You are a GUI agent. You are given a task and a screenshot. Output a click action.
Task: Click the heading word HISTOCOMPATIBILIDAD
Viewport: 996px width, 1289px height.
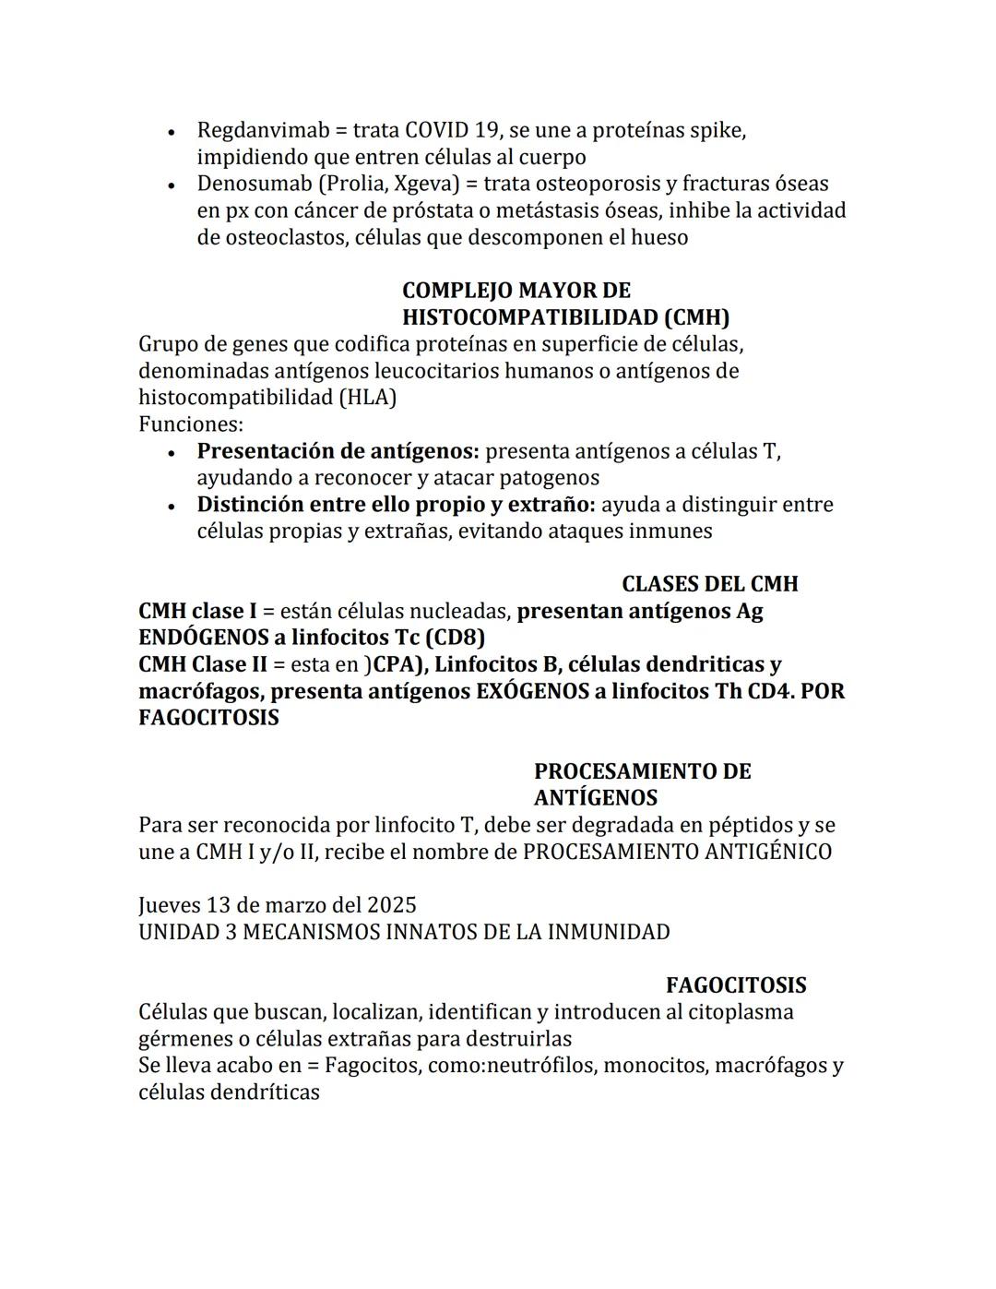pyautogui.click(x=529, y=317)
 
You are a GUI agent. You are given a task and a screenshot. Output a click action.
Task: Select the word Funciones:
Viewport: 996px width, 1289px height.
pyautogui.click(x=191, y=424)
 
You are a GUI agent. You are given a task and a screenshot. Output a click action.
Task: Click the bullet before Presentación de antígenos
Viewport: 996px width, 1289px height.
pyautogui.click(x=172, y=453)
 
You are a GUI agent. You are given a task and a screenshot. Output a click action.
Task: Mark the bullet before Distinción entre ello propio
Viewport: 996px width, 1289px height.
pyautogui.click(x=172, y=507)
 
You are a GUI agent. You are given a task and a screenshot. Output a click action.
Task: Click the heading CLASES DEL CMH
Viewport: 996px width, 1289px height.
pyautogui.click(x=709, y=584)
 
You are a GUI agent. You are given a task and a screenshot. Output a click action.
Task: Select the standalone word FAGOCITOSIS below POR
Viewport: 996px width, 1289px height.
pyautogui.click(x=208, y=718)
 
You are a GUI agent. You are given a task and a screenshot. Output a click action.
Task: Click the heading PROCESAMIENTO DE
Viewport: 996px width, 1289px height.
pyautogui.click(x=642, y=771)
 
